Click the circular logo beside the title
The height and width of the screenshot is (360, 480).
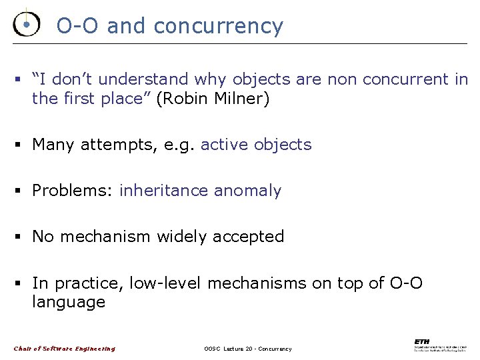[27, 24]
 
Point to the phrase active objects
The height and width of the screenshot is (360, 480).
[256, 145]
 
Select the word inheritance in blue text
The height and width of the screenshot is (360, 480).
[164, 191]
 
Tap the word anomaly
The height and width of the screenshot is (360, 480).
[247, 191]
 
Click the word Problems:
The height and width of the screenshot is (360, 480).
[73, 191]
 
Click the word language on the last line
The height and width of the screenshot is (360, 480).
[69, 303]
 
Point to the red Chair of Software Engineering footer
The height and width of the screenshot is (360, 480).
[65, 349]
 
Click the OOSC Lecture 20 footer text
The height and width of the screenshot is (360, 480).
[247, 349]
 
